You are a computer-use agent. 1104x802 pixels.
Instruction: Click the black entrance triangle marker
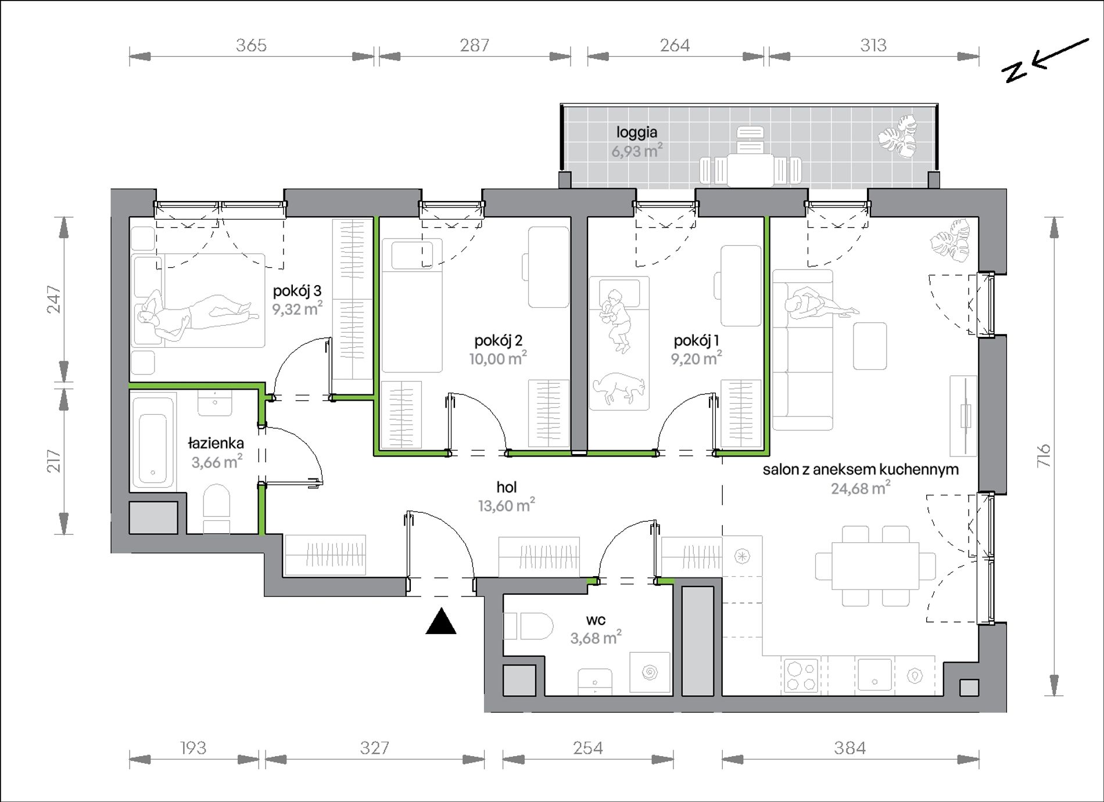tap(441, 621)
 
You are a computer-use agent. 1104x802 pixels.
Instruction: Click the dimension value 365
tap(251, 45)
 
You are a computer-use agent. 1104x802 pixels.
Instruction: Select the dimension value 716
tap(1044, 456)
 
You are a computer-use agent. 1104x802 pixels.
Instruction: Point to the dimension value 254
tap(587, 748)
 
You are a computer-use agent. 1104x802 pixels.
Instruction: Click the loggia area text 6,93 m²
tap(637, 151)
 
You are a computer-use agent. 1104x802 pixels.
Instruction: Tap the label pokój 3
tap(297, 290)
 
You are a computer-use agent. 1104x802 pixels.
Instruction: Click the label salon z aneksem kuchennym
tap(861, 469)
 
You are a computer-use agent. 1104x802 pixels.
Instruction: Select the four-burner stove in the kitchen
tap(801, 675)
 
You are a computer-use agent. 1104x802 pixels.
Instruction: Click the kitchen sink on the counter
tap(874, 675)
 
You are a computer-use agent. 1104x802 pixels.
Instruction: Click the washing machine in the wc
tap(650, 672)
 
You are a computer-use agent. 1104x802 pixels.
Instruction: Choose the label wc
tap(596, 620)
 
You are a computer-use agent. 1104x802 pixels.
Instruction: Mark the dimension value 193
tap(192, 748)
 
